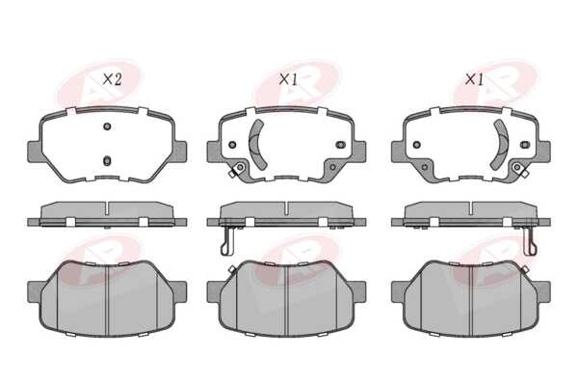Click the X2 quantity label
click(x=112, y=79)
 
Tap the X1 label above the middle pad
click(x=288, y=79)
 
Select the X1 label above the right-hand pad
click(x=474, y=79)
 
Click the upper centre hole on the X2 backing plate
click(x=107, y=126)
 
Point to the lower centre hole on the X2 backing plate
click(x=107, y=161)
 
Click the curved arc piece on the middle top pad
click(x=255, y=145)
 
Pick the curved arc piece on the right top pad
click(x=502, y=145)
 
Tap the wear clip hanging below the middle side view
click(x=228, y=240)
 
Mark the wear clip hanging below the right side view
click(x=530, y=240)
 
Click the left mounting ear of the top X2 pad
click(x=35, y=152)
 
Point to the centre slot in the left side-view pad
click(x=107, y=208)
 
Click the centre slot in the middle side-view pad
click(x=286, y=208)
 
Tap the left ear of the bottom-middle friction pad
click(x=214, y=291)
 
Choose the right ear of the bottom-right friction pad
click(x=544, y=291)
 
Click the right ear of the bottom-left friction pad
click(x=180, y=291)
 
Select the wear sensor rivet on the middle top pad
click(x=240, y=167)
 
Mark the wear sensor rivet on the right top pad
click(x=517, y=167)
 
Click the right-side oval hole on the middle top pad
click(x=341, y=145)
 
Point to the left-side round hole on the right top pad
click(x=416, y=145)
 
